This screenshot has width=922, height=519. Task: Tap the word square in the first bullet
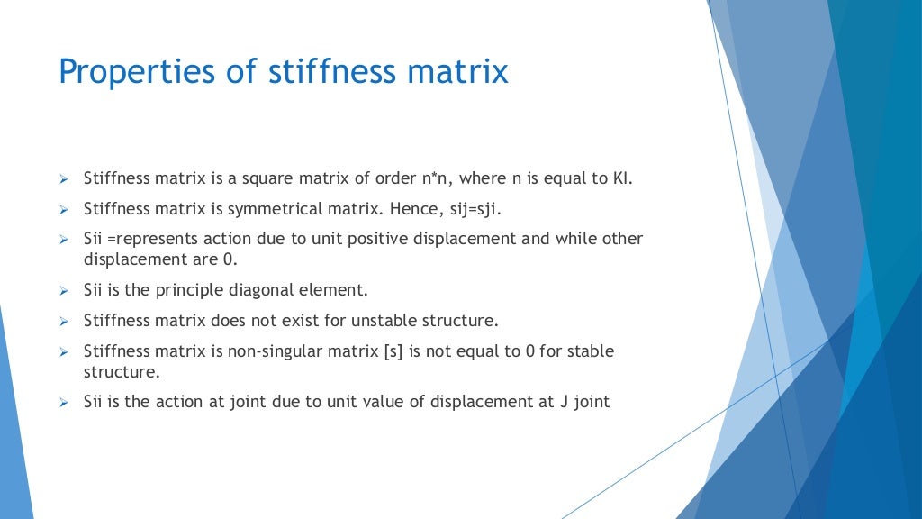(x=255, y=178)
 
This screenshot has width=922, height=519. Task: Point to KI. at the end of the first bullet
(x=623, y=178)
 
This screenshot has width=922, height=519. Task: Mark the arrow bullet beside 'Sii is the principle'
(x=64, y=291)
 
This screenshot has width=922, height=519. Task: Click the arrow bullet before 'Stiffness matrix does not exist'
(x=64, y=321)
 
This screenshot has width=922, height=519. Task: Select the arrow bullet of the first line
(x=64, y=179)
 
